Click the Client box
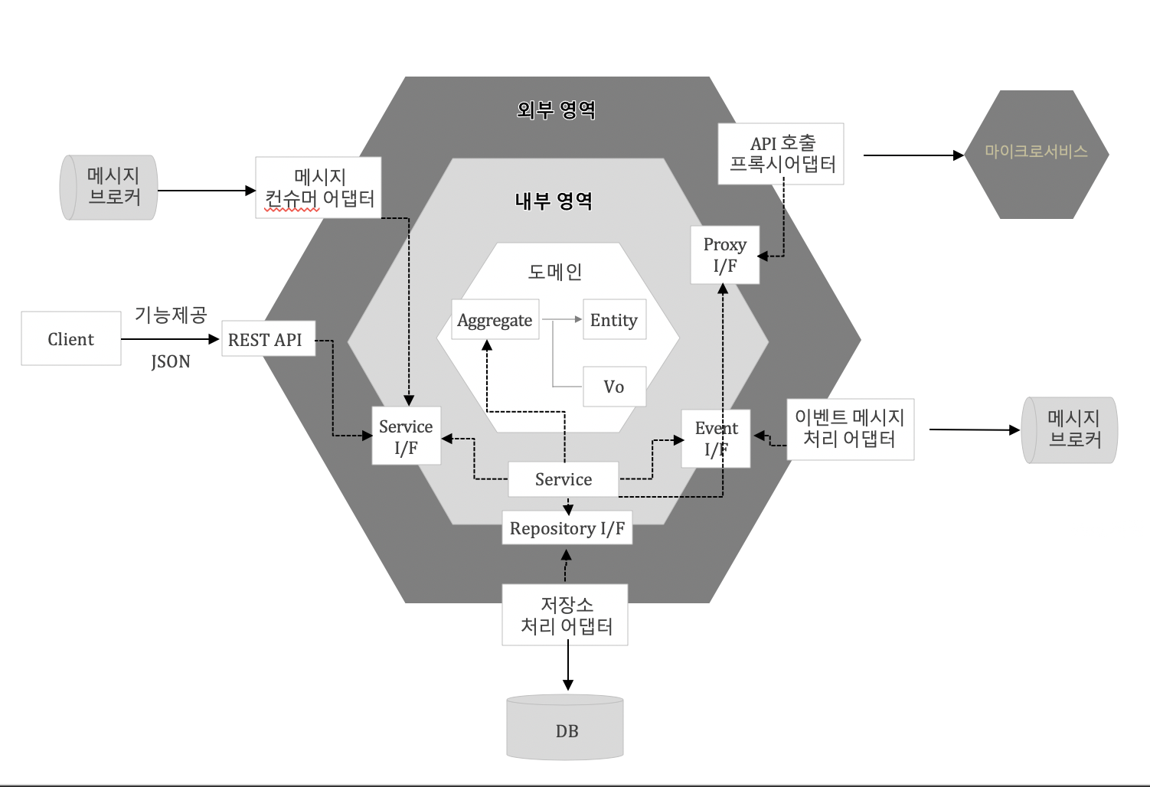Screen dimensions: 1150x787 point(70,338)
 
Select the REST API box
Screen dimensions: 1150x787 point(268,339)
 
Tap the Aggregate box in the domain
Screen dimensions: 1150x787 point(495,320)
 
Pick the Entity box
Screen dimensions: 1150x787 point(614,320)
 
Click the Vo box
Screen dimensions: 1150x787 point(614,387)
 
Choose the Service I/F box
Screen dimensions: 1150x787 point(406,436)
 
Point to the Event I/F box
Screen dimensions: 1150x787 point(715,438)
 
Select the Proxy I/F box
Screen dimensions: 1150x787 point(724,255)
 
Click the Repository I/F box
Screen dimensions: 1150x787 point(567,528)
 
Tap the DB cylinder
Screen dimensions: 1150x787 point(565,728)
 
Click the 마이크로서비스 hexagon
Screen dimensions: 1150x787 point(1036,154)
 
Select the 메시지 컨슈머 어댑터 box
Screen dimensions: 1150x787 point(319,188)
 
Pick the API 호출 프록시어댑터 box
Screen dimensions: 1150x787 point(781,154)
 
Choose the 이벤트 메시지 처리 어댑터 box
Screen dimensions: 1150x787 point(850,429)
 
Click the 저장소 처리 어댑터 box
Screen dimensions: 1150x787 point(565,615)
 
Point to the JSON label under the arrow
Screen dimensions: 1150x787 point(171,361)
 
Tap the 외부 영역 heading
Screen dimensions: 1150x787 point(556,110)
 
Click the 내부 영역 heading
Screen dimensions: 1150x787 point(554,201)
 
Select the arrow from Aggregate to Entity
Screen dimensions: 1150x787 point(562,319)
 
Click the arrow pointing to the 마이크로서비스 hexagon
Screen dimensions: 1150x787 point(911,155)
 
